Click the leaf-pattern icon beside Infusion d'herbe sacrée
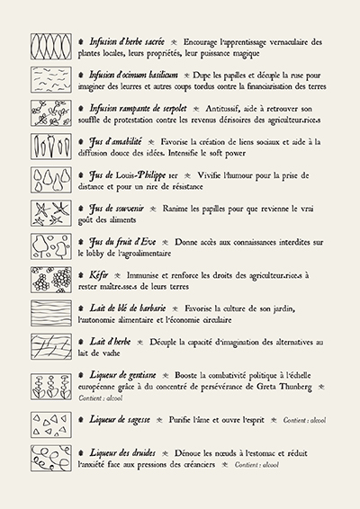pos(51,47)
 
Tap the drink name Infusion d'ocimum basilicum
pos(133,75)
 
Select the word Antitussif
pos(223,109)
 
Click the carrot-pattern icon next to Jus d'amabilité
pos(51,147)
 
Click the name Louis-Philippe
pos(140,175)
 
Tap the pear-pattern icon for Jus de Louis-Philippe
pos(51,180)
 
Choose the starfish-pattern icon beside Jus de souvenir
pos(51,213)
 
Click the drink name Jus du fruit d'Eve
pos(122,242)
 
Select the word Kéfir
pos(99,275)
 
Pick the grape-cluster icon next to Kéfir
pos(51,280)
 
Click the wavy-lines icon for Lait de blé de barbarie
pos(51,313)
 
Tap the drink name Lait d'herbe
pos(110,342)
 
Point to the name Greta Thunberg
pos(284,387)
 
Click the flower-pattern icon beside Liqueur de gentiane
pos(51,387)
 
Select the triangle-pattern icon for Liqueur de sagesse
pos(51,425)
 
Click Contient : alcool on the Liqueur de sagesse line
pos(304,420)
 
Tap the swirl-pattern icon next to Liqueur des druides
pos(51,459)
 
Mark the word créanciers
pos(195,465)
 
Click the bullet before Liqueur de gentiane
pos(81,375)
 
